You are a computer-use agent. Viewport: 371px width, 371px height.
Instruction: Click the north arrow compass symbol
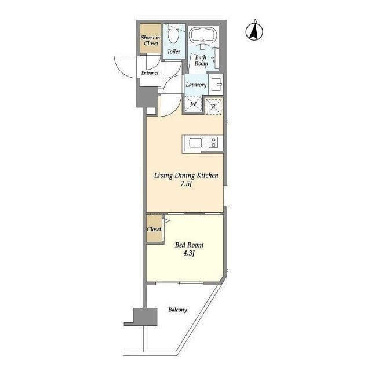click(x=254, y=32)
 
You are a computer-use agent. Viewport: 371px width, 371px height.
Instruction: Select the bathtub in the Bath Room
click(x=203, y=35)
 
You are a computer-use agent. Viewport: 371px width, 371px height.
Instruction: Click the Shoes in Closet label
click(x=151, y=41)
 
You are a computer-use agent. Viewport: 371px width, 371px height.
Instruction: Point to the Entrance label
click(x=150, y=73)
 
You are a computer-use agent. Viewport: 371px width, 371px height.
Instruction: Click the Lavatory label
click(x=196, y=85)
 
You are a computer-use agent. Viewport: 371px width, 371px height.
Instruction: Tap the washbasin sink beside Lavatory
click(x=216, y=84)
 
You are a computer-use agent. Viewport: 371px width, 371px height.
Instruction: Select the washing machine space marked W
click(x=193, y=104)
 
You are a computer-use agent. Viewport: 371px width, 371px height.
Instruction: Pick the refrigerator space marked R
click(x=213, y=106)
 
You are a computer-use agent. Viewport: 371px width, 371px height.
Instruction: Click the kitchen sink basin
click(x=195, y=143)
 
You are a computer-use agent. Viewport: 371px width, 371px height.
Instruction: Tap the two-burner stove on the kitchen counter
click(x=214, y=142)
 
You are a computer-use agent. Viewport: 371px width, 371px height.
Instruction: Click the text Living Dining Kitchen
click(x=186, y=176)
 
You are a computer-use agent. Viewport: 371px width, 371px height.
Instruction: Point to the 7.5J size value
click(x=186, y=184)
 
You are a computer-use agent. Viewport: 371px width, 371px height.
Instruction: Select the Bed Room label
click(x=189, y=245)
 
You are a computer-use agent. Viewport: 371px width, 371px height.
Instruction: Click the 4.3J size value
click(x=189, y=253)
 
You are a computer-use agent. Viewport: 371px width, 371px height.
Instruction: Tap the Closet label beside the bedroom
click(x=154, y=229)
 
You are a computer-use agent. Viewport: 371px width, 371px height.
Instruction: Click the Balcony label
click(x=178, y=310)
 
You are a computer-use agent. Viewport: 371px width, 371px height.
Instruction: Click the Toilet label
click(x=173, y=52)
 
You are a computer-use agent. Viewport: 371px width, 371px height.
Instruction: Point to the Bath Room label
click(x=201, y=60)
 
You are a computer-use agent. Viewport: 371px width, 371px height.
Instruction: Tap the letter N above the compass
click(x=256, y=21)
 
